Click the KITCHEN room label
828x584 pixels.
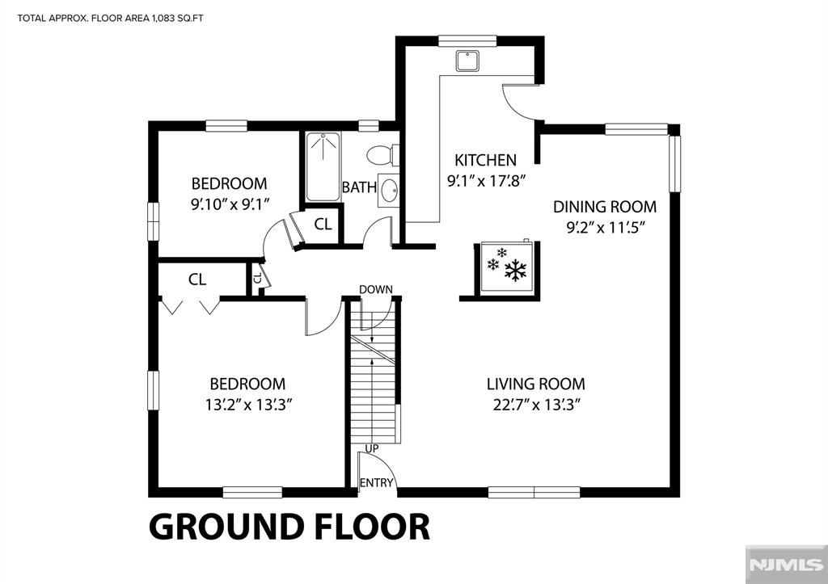coord(485,160)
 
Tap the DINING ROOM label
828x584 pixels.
coord(605,207)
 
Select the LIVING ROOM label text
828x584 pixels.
coord(535,384)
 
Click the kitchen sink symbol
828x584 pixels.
coord(468,61)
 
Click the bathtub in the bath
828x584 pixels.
coord(323,166)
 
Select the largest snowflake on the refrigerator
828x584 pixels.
coord(515,270)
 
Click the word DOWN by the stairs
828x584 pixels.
coord(376,289)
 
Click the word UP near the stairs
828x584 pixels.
coord(372,448)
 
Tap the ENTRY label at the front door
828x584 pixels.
coord(377,483)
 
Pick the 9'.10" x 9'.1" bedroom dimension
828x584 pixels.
coord(230,204)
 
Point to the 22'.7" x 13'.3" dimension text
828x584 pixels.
coord(537,405)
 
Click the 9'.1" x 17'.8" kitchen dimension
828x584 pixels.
coord(486,181)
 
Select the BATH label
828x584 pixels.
coord(359,187)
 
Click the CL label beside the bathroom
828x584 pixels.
coord(323,225)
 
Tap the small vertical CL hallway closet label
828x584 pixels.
coord(257,278)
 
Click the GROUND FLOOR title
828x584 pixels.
coord(289,526)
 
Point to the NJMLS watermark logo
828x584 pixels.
coord(786,564)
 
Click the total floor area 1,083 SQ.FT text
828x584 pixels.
coord(110,19)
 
